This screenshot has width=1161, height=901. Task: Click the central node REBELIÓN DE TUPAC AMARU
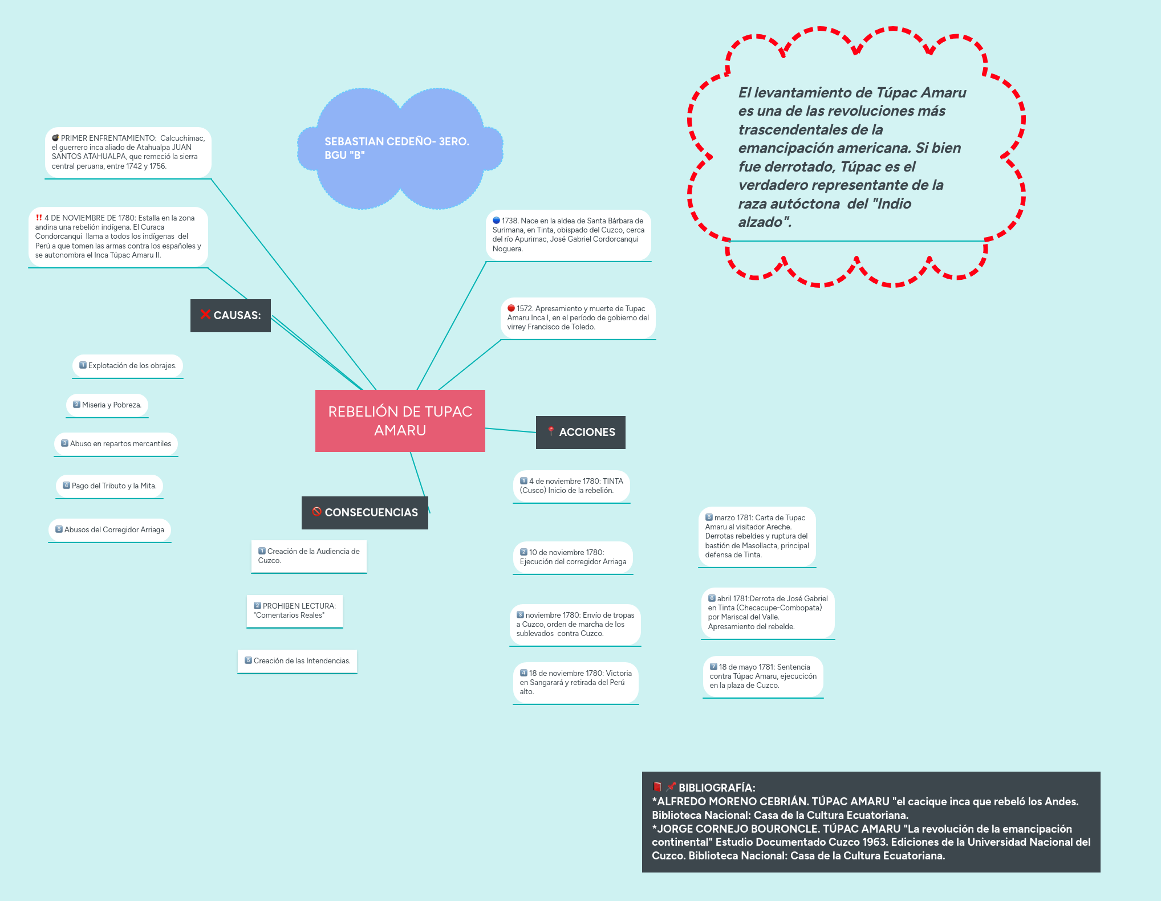400,421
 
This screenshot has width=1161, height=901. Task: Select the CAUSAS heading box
230,315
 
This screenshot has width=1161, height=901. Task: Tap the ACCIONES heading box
580,432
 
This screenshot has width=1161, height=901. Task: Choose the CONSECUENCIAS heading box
365,512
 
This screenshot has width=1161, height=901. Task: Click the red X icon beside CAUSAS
205,315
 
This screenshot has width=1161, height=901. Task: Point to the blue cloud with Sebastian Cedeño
400,148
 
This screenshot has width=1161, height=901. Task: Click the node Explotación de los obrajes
128,366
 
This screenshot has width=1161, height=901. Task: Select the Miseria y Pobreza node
107,405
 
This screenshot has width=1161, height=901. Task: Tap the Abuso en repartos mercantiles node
116,444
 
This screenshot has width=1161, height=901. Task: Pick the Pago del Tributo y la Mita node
109,486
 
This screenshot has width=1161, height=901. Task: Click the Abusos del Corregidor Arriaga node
109,530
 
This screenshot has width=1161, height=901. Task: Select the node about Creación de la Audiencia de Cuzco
309,556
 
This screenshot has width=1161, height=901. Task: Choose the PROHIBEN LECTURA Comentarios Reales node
295,610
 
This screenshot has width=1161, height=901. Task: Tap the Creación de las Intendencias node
297,661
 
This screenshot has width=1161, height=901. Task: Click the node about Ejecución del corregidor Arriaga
573,557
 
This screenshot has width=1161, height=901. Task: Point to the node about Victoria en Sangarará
575,682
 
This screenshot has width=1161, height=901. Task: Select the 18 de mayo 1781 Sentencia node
763,676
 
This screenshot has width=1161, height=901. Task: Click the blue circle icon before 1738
497,221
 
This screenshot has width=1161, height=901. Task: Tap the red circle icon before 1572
512,308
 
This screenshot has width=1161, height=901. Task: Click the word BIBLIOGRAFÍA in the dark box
717,788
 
